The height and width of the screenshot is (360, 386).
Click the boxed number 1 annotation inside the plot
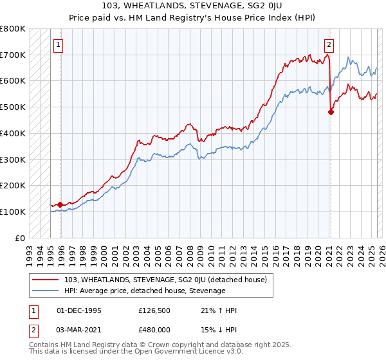pyautogui.click(x=59, y=45)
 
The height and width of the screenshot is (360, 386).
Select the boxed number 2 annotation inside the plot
pyautogui.click(x=329, y=45)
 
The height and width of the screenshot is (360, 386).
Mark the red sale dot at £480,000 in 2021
pyautogui.click(x=331, y=112)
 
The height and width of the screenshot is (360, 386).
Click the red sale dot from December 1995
pyautogui.click(x=60, y=204)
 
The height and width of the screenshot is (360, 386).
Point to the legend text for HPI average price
pyautogui.click(x=145, y=291)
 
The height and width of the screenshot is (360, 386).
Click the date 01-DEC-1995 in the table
pyautogui.click(x=79, y=310)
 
